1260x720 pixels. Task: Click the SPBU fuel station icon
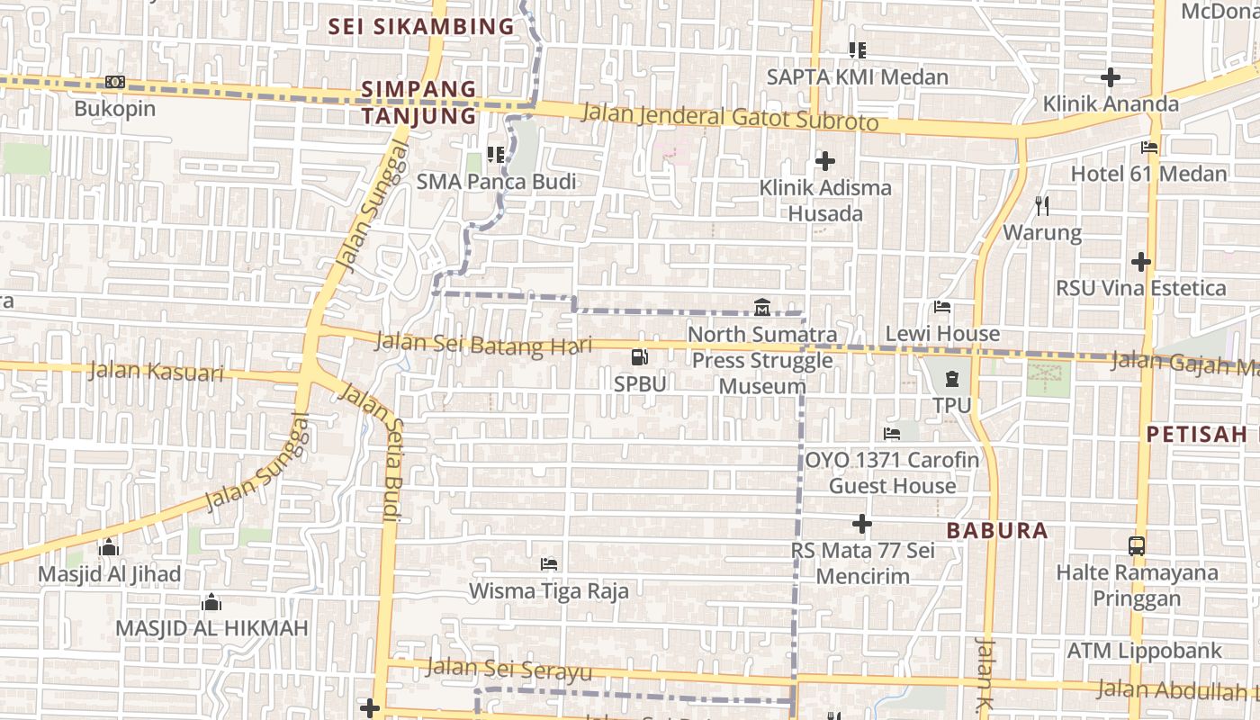pyautogui.click(x=640, y=357)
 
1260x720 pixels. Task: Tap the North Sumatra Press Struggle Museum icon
pyautogui.click(x=762, y=307)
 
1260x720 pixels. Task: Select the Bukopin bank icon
pyautogui.click(x=114, y=82)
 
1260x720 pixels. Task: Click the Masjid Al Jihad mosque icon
pyautogui.click(x=109, y=547)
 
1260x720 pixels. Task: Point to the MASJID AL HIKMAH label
pyautogui.click(x=211, y=628)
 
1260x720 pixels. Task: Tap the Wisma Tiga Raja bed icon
pyautogui.click(x=548, y=564)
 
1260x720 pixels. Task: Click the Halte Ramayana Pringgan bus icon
pyautogui.click(x=1137, y=545)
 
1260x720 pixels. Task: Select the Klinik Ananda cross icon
pyautogui.click(x=1111, y=77)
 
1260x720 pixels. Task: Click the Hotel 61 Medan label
pyautogui.click(x=1148, y=173)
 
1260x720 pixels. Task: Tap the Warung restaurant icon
pyautogui.click(x=1042, y=206)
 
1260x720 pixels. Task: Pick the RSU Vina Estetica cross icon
pyautogui.click(x=1140, y=262)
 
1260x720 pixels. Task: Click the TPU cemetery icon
pyautogui.click(x=952, y=379)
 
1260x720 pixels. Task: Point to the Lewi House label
pyautogui.click(x=942, y=334)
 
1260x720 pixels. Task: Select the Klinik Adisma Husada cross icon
pyautogui.click(x=824, y=161)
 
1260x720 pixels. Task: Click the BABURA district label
pyautogui.click(x=997, y=530)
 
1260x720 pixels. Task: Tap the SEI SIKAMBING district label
pyautogui.click(x=420, y=27)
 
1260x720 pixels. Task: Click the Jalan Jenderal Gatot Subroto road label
pyautogui.click(x=730, y=117)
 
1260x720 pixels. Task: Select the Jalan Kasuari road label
pyautogui.click(x=157, y=370)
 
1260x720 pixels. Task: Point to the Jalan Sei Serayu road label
pyautogui.click(x=508, y=669)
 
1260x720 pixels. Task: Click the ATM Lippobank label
pyautogui.click(x=1144, y=650)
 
